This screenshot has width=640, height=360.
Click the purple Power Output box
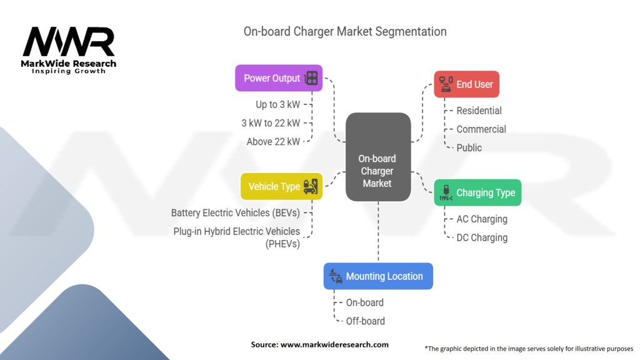[279, 78]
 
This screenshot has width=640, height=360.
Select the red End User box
[466, 84]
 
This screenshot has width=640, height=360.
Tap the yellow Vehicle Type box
[281, 186]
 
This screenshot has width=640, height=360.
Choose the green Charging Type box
[477, 192]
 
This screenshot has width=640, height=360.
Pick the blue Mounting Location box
[377, 276]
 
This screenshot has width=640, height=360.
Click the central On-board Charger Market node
[377, 157]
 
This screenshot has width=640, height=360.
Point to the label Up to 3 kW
[277, 104]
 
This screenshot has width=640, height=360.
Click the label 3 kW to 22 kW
[271, 123]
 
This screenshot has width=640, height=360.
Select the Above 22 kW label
[273, 142]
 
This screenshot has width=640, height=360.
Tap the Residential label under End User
[479, 111]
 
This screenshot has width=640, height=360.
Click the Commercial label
[481, 129]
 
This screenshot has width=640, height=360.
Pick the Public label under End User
[469, 148]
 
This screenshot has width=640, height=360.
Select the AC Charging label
[482, 219]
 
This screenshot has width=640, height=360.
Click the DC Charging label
[482, 237]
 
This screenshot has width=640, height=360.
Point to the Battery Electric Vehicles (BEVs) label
[235, 212]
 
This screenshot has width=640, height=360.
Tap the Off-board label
[365, 321]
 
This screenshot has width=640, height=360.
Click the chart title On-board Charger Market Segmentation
[345, 31]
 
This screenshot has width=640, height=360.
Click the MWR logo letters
[69, 42]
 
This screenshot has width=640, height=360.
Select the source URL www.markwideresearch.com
[334, 344]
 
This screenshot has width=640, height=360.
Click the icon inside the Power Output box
[311, 78]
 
